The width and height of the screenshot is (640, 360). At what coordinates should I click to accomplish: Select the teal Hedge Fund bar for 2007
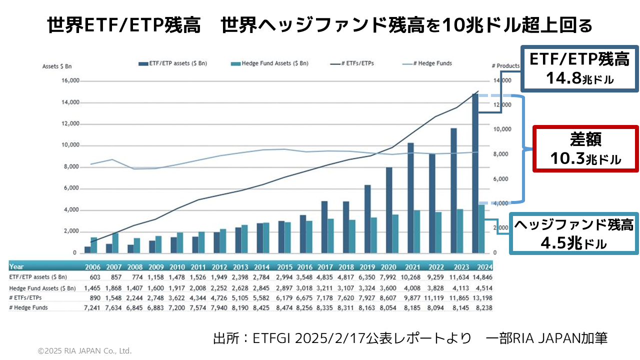[x=115, y=242]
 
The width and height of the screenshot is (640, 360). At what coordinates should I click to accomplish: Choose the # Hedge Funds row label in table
[x=28, y=307]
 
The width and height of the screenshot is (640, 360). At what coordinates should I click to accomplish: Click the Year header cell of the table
[x=16, y=266]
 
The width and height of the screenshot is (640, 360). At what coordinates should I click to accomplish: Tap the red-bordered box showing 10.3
[x=585, y=149]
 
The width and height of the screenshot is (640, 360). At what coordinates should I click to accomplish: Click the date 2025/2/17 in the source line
[x=322, y=338]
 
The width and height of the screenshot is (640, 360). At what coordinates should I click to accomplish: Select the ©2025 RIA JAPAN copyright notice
[x=85, y=351]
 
